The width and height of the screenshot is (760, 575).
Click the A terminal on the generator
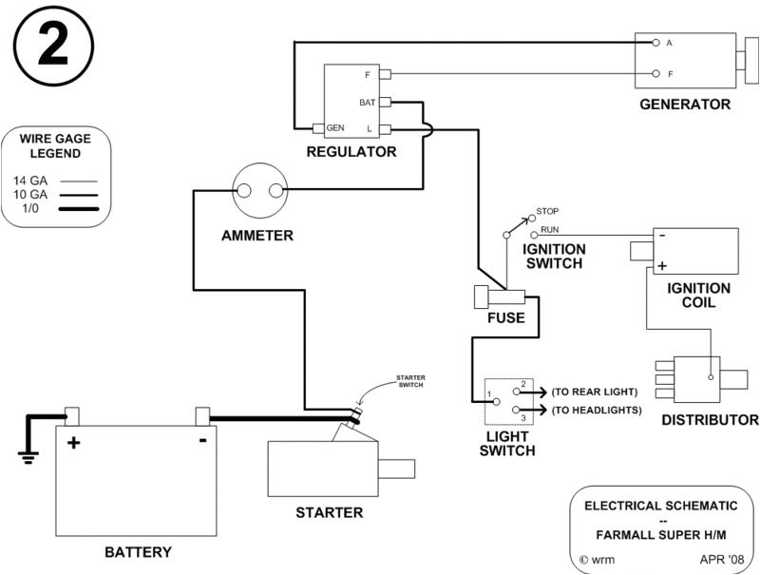click(655, 43)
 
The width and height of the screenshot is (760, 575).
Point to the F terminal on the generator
click(655, 73)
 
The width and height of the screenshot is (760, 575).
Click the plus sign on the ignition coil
click(661, 267)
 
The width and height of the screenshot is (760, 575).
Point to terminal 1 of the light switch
click(489, 393)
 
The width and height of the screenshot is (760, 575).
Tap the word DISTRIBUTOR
click(711, 419)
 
